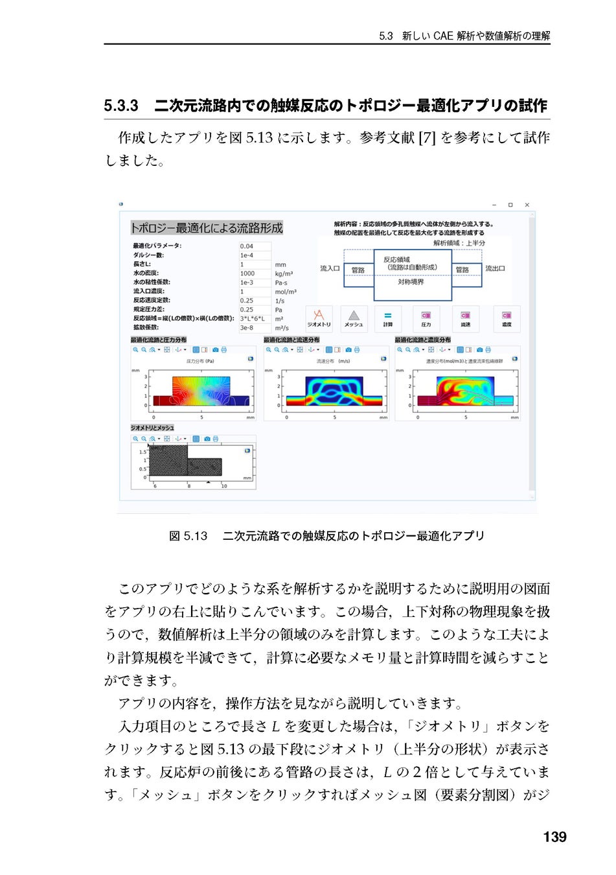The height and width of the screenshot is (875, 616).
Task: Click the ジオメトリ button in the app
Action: click(318, 318)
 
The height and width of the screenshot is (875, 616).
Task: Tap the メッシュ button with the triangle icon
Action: click(354, 318)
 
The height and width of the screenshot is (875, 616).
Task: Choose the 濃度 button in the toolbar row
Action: click(507, 318)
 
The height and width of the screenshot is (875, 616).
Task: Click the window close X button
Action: click(527, 205)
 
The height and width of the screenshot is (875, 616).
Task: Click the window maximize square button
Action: click(510, 205)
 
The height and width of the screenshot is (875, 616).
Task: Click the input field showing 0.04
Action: click(255, 246)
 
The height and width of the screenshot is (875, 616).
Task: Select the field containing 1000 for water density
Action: click(255, 274)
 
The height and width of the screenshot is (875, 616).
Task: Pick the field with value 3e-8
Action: click(255, 328)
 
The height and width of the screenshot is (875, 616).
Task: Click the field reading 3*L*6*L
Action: click(255, 319)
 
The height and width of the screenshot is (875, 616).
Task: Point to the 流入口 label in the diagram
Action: click(330, 268)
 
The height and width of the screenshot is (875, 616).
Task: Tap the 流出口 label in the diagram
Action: click(496, 268)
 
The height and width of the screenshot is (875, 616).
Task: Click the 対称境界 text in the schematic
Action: click(411, 282)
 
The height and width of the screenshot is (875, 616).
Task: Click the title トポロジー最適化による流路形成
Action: click(207, 228)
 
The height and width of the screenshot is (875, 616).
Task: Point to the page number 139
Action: click(554, 837)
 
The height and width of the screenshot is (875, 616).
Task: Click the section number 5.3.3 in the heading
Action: click(121, 106)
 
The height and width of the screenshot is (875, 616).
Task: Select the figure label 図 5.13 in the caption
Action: click(188, 536)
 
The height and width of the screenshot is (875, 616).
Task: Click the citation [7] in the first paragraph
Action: click(427, 137)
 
